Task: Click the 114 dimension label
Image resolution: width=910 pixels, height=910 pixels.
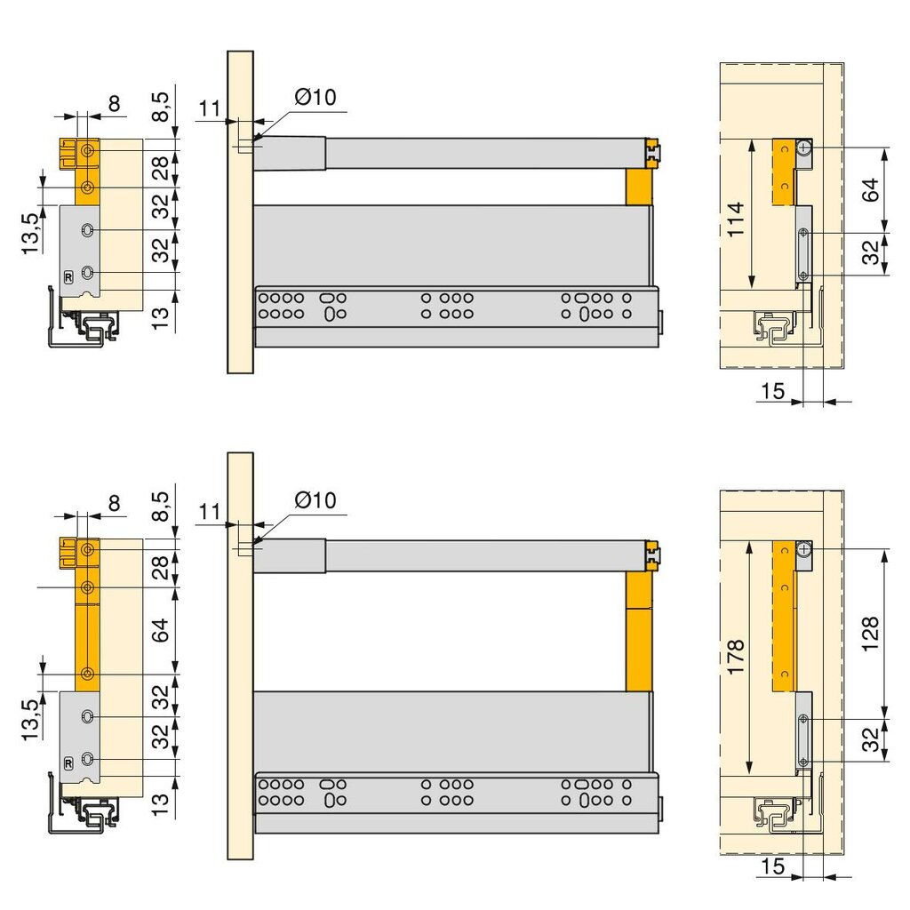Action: pyautogui.click(x=735, y=220)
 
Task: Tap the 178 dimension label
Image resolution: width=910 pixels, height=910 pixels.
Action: pyautogui.click(x=735, y=657)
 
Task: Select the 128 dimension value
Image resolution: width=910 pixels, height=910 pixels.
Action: pyautogui.click(x=870, y=634)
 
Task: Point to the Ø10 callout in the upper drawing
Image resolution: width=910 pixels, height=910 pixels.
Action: pyautogui.click(x=315, y=97)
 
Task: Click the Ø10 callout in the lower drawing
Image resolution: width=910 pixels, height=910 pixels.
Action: pyautogui.click(x=315, y=499)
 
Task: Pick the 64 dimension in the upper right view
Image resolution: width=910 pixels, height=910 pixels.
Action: pyautogui.click(x=870, y=190)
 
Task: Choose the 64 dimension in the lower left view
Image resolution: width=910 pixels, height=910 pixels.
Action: pyautogui.click(x=161, y=630)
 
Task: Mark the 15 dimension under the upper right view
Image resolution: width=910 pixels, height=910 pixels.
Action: pyautogui.click(x=772, y=391)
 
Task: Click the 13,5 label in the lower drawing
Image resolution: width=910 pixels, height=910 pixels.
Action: pyautogui.click(x=30, y=720)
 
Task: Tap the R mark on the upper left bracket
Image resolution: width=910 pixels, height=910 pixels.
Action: pyautogui.click(x=68, y=277)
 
